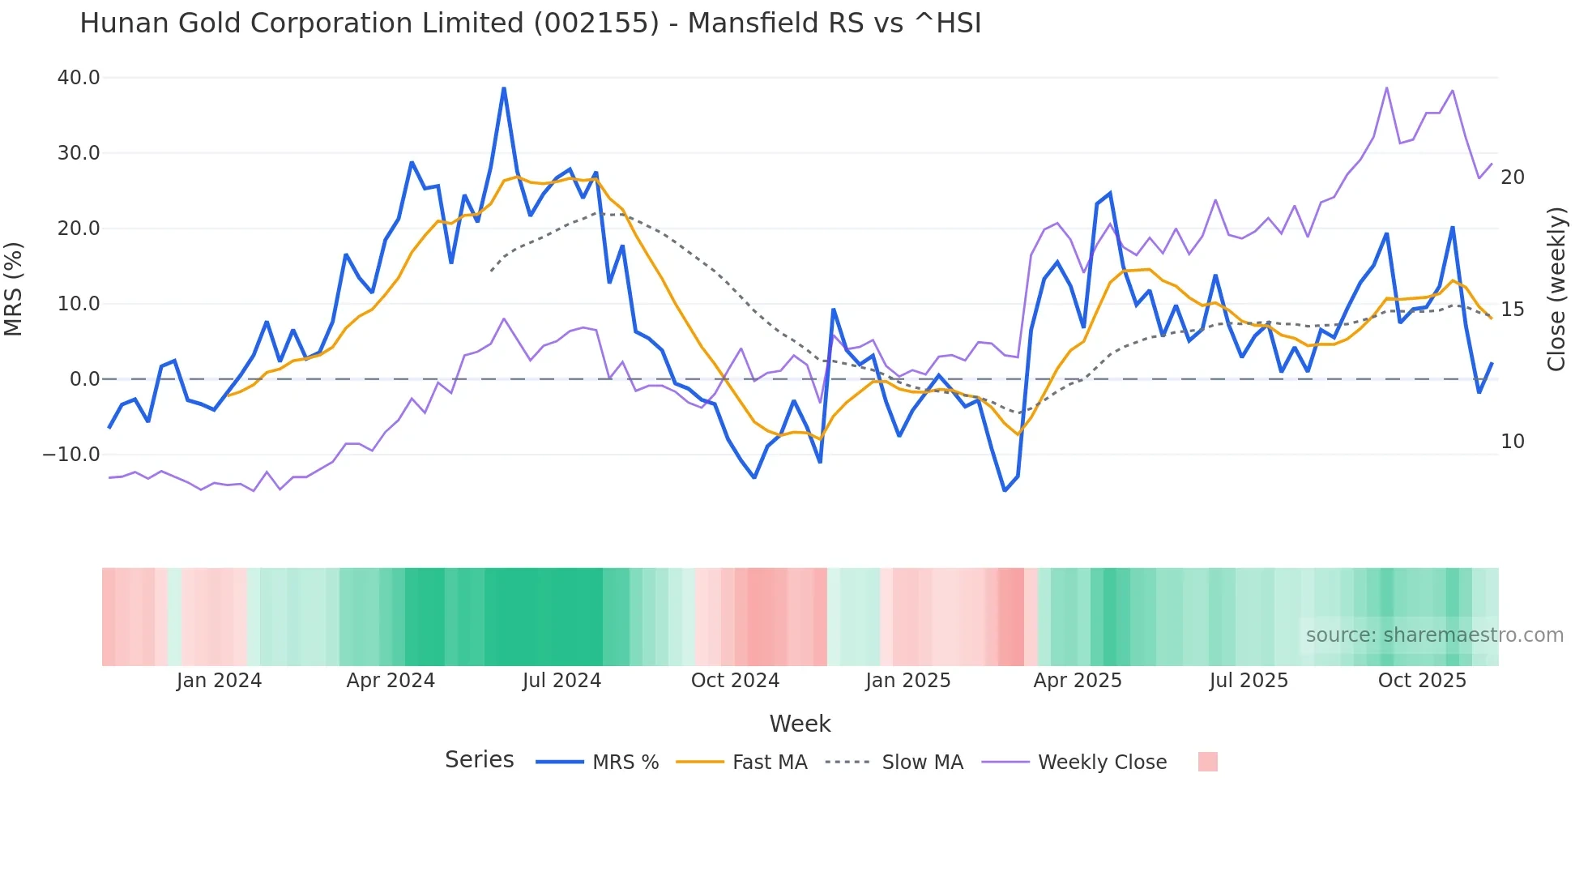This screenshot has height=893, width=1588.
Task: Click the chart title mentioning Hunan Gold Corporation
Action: pyautogui.click(x=530, y=23)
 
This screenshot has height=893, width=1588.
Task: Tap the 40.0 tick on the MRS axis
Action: pyautogui.click(x=79, y=78)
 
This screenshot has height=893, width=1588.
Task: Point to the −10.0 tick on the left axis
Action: pyautogui.click(x=71, y=455)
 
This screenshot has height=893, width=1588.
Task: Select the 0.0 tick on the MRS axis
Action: pyautogui.click(x=84, y=379)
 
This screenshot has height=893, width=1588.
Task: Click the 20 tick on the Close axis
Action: pyautogui.click(x=1512, y=177)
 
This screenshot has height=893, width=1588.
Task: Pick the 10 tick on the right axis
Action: pyautogui.click(x=1512, y=442)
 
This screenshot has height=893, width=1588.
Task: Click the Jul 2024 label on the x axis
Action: pyautogui.click(x=561, y=681)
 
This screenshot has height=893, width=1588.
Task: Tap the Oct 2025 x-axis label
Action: pyautogui.click(x=1422, y=681)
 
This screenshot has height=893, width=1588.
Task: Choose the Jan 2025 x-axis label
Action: pyautogui.click(x=907, y=681)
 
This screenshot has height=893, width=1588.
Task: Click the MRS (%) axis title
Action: pyautogui.click(x=14, y=288)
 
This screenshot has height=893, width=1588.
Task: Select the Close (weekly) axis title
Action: pyautogui.click(x=1556, y=288)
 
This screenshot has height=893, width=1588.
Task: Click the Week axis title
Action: pyautogui.click(x=800, y=724)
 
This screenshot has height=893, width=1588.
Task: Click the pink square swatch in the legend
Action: pyautogui.click(x=1207, y=762)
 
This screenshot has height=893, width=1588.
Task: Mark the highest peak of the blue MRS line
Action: pyautogui.click(x=504, y=88)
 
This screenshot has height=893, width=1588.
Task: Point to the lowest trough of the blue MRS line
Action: pyautogui.click(x=1005, y=490)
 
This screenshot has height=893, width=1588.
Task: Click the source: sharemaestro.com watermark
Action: pyautogui.click(x=1434, y=635)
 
